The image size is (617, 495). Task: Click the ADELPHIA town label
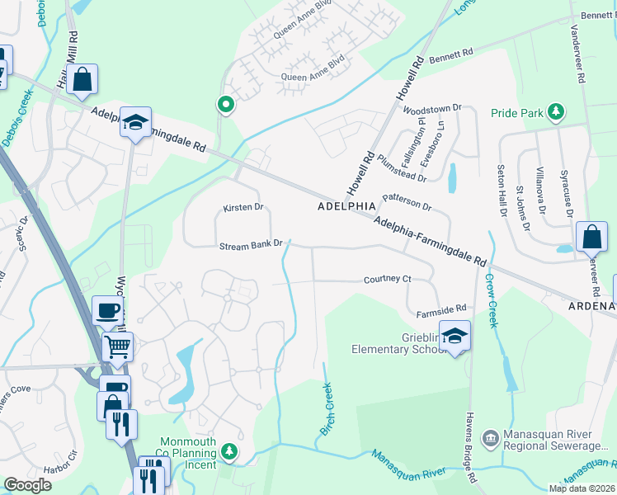pyautogui.click(x=346, y=206)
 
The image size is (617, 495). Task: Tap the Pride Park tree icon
pyautogui.click(x=557, y=112)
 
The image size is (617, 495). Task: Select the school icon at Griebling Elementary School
pyautogui.click(x=454, y=335)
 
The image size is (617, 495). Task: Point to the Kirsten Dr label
pyautogui.click(x=243, y=208)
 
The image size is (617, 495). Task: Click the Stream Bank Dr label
pyautogui.click(x=251, y=245)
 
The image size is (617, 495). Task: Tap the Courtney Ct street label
pyautogui.click(x=388, y=280)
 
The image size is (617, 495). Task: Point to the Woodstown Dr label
pyautogui.click(x=431, y=108)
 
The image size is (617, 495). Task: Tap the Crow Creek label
pyautogui.click(x=492, y=305)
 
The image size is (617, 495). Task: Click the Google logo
pyautogui.click(x=27, y=485)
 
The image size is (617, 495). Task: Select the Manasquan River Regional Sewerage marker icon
pyautogui.click(x=490, y=435)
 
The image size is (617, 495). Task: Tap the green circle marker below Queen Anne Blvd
pyautogui.click(x=224, y=105)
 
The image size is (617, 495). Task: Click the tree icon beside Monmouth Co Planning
pyautogui.click(x=230, y=451)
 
